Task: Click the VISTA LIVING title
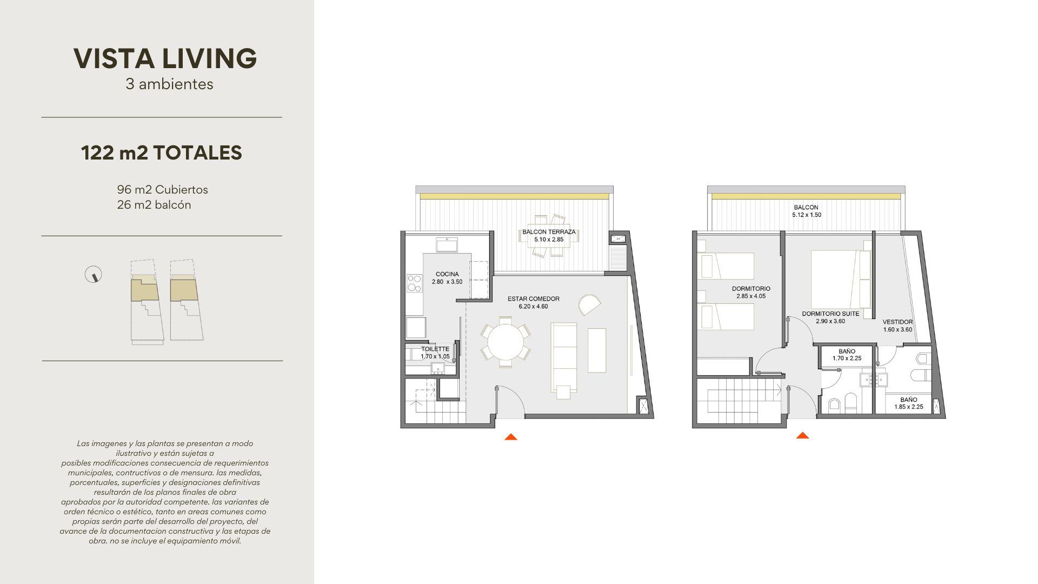(x=165, y=58)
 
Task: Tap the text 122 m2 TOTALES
(x=162, y=153)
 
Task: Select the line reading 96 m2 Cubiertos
(x=162, y=190)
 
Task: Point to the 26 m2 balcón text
(x=154, y=205)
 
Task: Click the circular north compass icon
(x=94, y=275)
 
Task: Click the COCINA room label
(x=447, y=274)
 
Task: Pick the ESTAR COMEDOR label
(x=534, y=299)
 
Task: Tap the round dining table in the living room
(x=505, y=342)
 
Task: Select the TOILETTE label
(x=435, y=349)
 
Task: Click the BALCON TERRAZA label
(x=549, y=232)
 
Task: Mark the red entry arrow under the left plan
(x=511, y=437)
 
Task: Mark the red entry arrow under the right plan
(x=802, y=435)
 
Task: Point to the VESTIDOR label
(x=897, y=322)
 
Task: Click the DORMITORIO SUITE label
(x=830, y=314)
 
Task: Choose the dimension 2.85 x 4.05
(x=751, y=296)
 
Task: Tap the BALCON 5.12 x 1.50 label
(x=806, y=211)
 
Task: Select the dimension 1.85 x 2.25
(x=908, y=407)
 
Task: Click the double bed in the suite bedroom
(x=841, y=280)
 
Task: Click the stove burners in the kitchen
(x=414, y=283)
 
